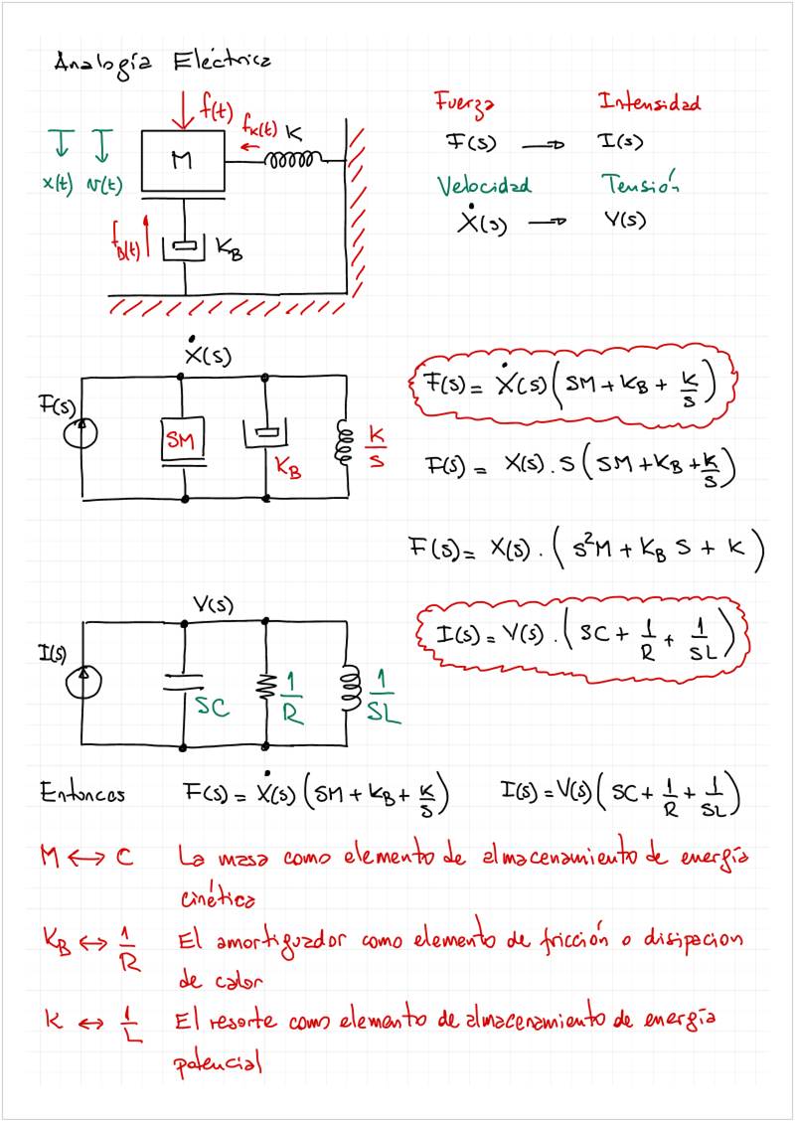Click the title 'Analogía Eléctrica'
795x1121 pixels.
pyautogui.click(x=161, y=62)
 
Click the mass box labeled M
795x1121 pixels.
pyautogui.click(x=183, y=159)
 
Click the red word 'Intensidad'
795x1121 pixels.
pyautogui.click(x=649, y=102)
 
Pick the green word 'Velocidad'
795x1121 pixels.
pyautogui.click(x=484, y=186)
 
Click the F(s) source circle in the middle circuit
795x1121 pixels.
pyautogui.click(x=82, y=433)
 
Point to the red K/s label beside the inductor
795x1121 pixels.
pyautogui.click(x=377, y=446)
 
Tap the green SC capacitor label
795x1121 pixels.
pyautogui.click(x=212, y=707)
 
